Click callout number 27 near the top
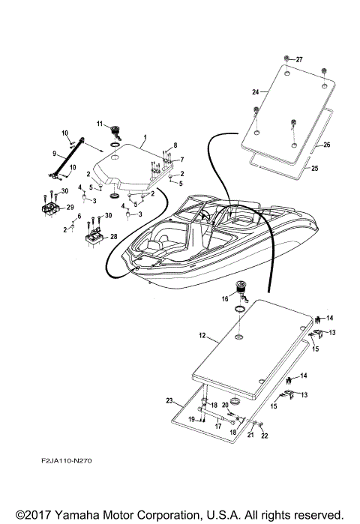coord(299,59)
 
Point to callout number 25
coord(314,169)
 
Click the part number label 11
coord(98,123)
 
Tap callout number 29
coord(70,208)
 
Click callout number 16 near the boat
coord(224,298)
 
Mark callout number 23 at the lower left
coord(169,402)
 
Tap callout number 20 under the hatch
coord(225,404)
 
